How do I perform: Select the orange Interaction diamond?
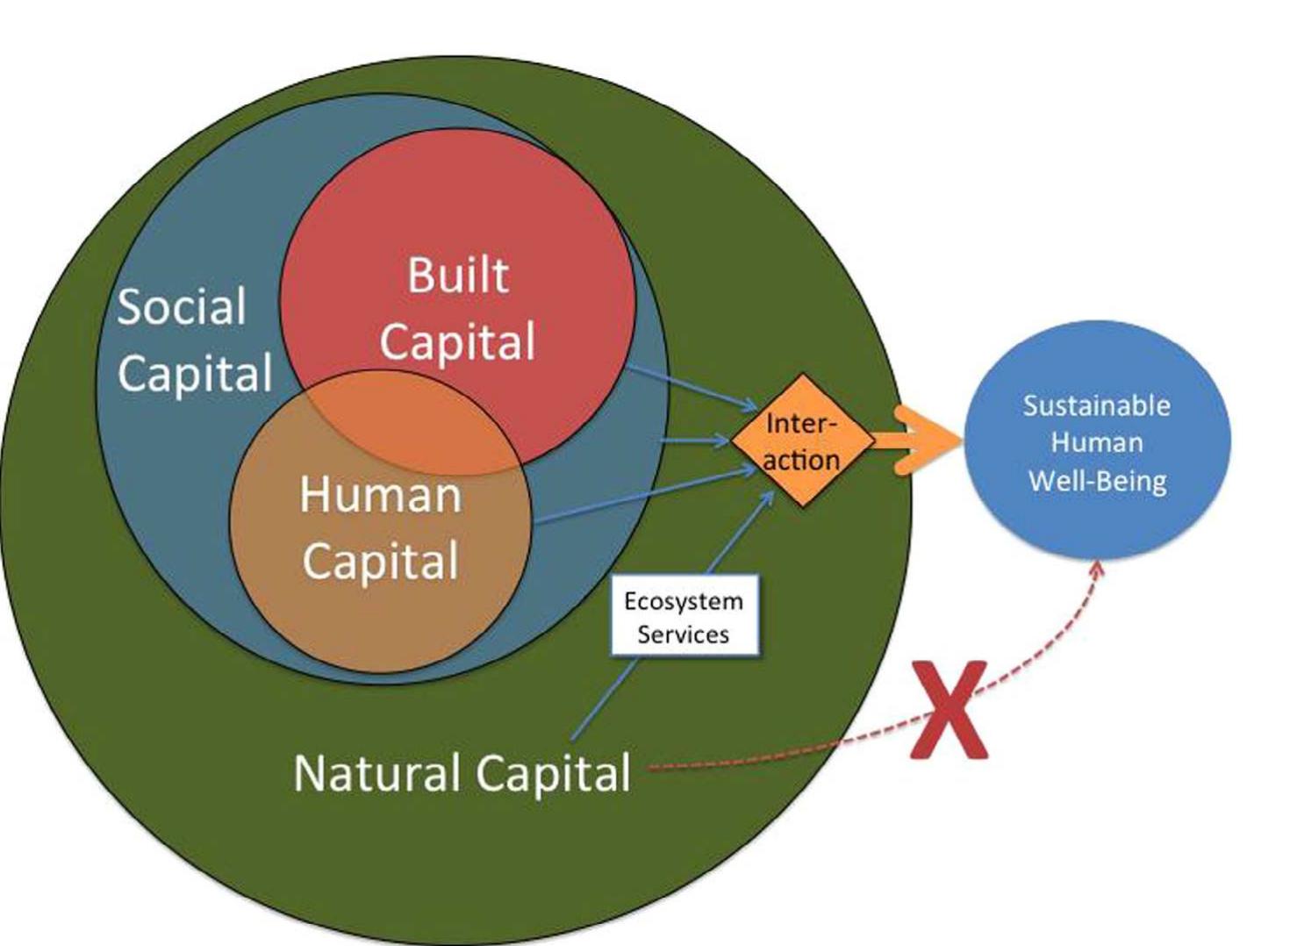tap(801, 441)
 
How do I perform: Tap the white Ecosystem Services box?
tap(684, 617)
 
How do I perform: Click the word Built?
tap(457, 276)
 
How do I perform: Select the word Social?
tap(182, 307)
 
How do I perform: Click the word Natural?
tap(377, 773)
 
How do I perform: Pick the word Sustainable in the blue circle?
tap(1096, 405)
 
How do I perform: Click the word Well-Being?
tap(1097, 481)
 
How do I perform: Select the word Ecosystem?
tap(684, 601)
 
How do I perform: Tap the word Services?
tap(683, 634)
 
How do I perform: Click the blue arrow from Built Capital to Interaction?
tap(693, 387)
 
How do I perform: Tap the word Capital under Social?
tap(195, 374)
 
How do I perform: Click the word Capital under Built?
tap(457, 341)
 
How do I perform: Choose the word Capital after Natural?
tap(554, 773)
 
